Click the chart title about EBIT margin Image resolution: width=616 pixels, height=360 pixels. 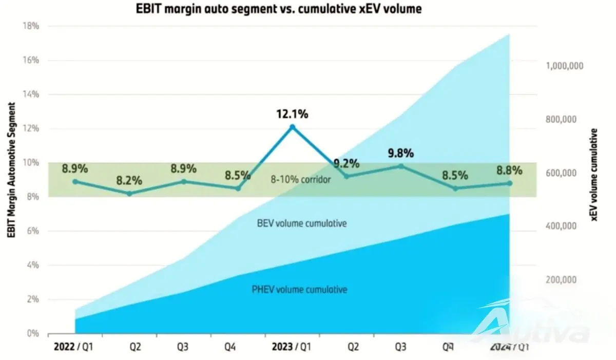tap(279, 9)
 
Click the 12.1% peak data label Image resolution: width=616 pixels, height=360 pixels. tap(292, 114)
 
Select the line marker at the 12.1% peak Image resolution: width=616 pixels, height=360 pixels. tap(293, 127)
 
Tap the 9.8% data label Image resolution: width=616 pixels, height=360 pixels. tap(401, 153)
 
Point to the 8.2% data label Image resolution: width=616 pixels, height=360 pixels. tap(129, 181)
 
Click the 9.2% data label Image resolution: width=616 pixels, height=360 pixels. tap(346, 164)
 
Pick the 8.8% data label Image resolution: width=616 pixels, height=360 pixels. tap(509, 170)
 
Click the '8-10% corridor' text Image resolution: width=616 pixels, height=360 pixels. tap(301, 180)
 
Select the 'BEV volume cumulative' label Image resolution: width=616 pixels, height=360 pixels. tap(302, 223)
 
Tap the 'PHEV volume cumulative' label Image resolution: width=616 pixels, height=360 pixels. tap(299, 289)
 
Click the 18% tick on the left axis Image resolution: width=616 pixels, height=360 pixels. tap(31, 26)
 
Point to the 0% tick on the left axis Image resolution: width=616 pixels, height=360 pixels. tap(33, 333)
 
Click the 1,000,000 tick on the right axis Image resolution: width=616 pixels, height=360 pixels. tap(564, 66)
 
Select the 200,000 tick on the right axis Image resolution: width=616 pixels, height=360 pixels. tap(561, 280)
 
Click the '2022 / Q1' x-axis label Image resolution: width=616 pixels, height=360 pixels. tap(73, 347)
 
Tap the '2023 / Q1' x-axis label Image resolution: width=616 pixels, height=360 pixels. tap(292, 347)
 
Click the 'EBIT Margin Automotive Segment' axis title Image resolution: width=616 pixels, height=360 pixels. tap(11, 170)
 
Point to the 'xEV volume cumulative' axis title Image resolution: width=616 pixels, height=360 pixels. tap(594, 175)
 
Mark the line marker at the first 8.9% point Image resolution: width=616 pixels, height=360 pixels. tap(75, 181)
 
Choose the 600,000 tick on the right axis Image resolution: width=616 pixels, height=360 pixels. tap(561, 173)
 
